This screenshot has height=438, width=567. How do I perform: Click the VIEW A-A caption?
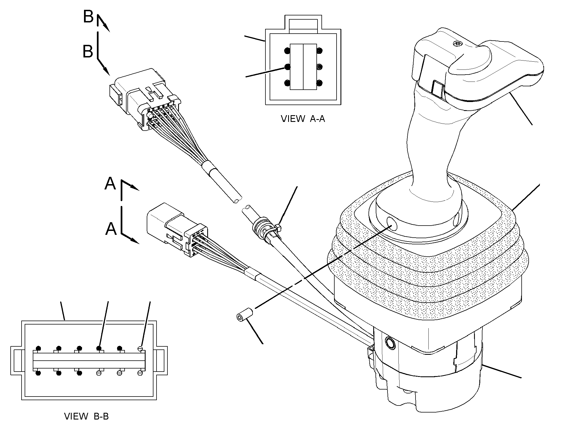coord(303,119)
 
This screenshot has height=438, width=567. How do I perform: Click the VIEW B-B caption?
coord(86,416)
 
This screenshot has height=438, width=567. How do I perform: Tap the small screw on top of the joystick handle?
coord(458,44)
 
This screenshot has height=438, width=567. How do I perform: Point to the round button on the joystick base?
coord(390,342)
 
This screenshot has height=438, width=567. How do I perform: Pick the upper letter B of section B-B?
coord(88,17)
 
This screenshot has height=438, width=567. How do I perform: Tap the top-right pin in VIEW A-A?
coord(320,51)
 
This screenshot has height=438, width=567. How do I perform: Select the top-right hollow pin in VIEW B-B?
coord(141,348)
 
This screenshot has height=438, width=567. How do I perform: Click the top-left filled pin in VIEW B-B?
coord(39,348)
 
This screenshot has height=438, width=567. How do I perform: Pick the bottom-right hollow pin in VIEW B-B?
coord(141,373)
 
